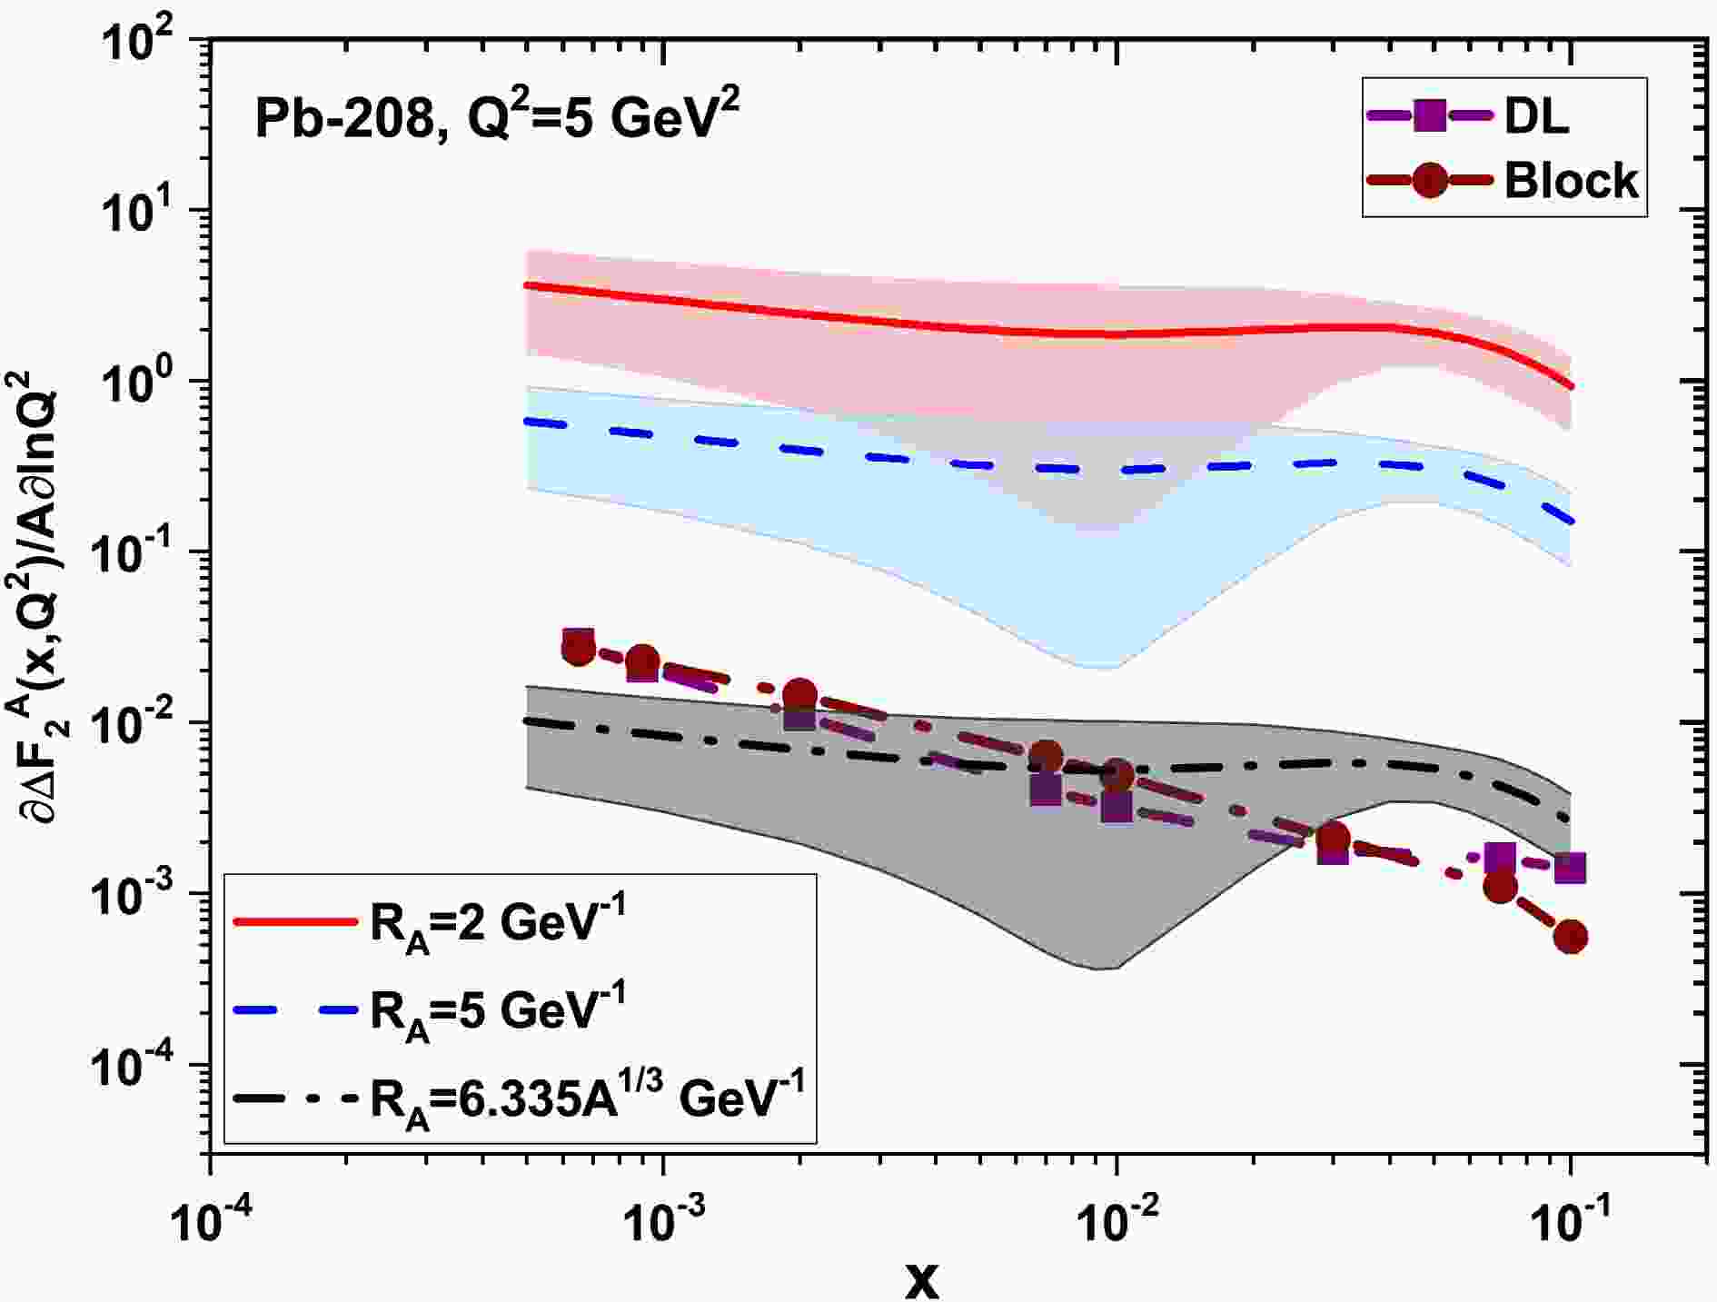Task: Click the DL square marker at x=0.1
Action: [x=1570, y=869]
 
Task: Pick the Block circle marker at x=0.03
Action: [x=1333, y=838]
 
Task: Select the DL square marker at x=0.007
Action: [x=1047, y=789]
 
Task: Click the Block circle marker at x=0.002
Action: [x=799, y=696]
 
